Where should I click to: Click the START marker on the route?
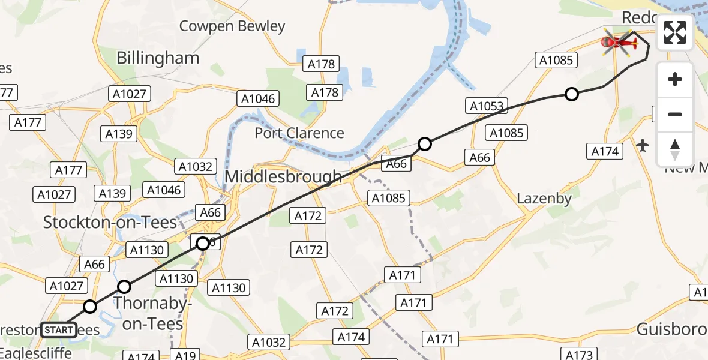pos(59,329)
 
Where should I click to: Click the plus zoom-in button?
pos(675,79)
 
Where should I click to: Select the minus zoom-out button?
pos(675,114)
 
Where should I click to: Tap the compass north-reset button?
pos(675,149)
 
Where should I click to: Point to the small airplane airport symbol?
pos(643,145)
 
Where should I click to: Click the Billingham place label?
pos(158,58)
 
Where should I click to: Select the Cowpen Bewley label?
pos(232,26)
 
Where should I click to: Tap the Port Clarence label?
pos(299,133)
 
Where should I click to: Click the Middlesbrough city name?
pos(283,177)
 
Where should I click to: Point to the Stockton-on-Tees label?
pos(110,223)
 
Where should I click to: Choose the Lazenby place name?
pos(544,198)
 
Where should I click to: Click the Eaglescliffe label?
pos(36,353)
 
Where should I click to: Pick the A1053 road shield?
pos(486,107)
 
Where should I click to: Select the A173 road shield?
pos(579,355)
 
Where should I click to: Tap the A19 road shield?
pos(185,355)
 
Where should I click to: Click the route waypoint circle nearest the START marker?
pos(89,307)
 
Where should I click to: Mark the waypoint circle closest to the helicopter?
pos(572,94)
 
